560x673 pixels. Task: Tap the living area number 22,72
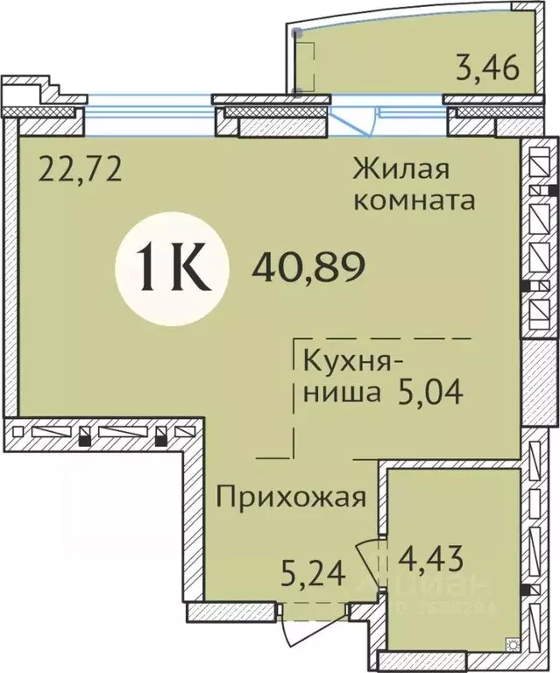pyautogui.click(x=79, y=166)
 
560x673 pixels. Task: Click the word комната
pyautogui.click(x=414, y=200)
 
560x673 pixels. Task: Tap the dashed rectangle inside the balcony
pyautogui.click(x=305, y=61)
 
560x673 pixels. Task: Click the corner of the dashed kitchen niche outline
pyautogui.click(x=295, y=338)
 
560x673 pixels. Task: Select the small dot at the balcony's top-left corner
pyautogui.click(x=298, y=32)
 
